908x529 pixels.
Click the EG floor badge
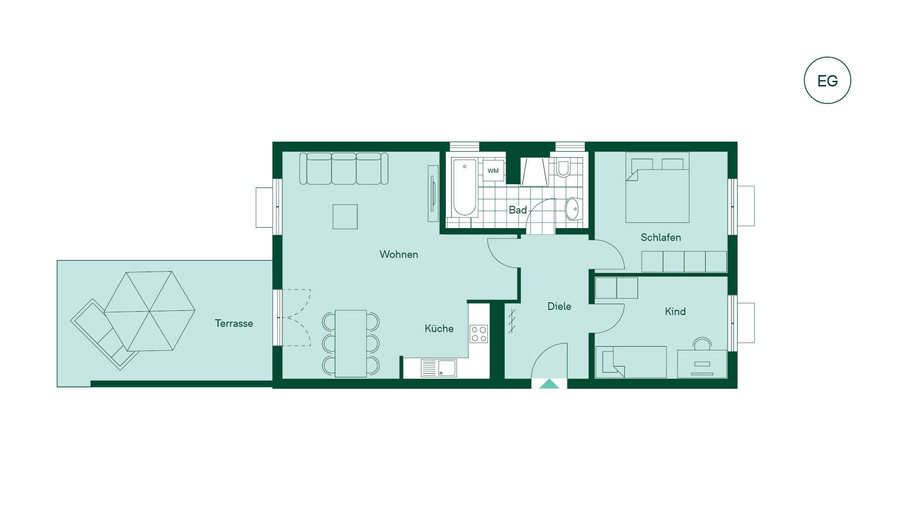tap(827, 80)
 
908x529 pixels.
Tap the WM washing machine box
tap(493, 171)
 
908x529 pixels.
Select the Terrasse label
tap(234, 323)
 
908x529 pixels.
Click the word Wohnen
tap(399, 254)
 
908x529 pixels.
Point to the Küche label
tap(439, 328)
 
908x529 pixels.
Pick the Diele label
tap(559, 306)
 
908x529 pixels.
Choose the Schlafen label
tap(661, 237)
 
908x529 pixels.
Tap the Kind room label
tap(675, 311)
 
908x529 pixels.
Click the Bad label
tap(517, 210)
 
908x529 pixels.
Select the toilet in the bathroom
tap(563, 168)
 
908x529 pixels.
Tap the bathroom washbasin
tap(573, 209)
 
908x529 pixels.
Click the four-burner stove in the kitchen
tap(479, 333)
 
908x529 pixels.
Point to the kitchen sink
tap(439, 368)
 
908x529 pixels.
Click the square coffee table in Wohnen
tap(345, 217)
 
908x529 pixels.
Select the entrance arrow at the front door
tap(549, 384)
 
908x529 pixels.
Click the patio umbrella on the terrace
tap(149, 311)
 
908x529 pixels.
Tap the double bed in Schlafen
tap(657, 187)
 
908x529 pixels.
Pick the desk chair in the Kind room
tap(702, 343)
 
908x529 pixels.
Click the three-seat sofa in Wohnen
tap(344, 168)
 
